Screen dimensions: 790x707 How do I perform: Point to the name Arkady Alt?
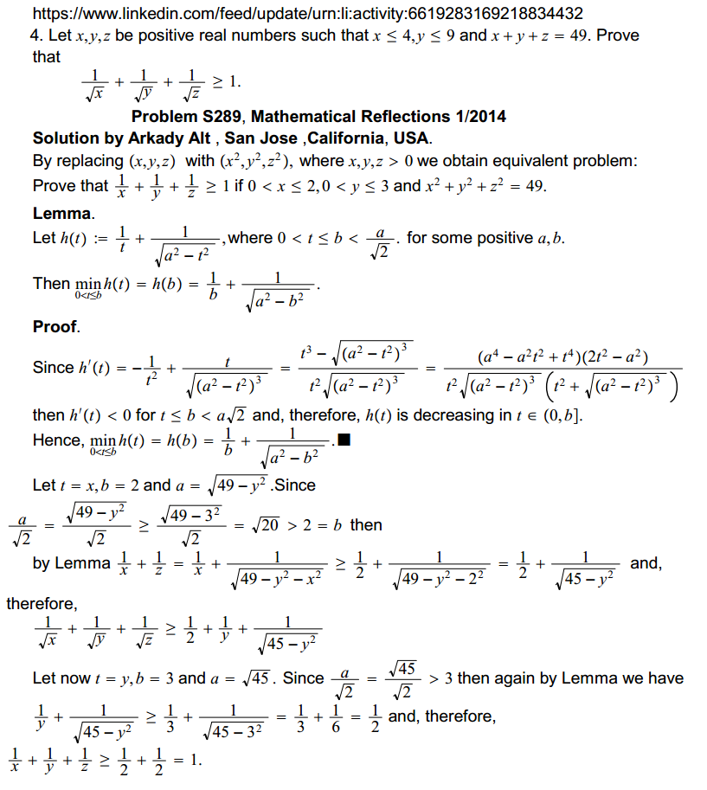click(x=178, y=138)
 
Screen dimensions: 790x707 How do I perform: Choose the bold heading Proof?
click(x=55, y=326)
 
